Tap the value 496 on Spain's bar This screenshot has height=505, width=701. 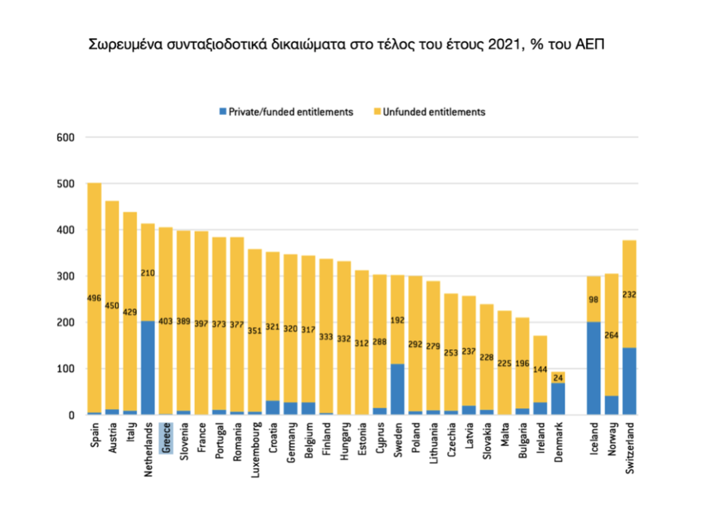click(x=94, y=298)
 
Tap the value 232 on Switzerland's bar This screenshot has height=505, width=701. click(x=630, y=295)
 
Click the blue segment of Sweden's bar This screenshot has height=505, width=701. click(x=398, y=389)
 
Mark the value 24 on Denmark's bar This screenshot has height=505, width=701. click(x=559, y=377)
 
